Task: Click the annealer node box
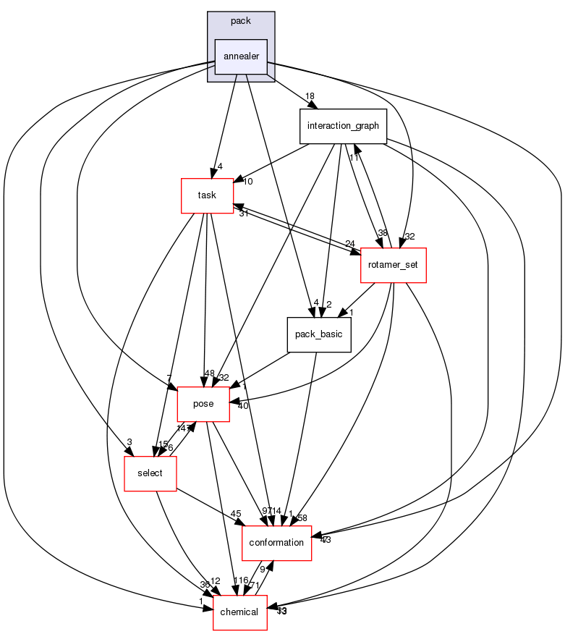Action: point(241,56)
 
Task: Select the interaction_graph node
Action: point(343,126)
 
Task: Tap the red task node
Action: point(207,195)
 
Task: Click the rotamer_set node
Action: point(393,265)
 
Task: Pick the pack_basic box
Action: point(319,334)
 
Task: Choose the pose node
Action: point(203,404)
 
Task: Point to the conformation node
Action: point(276,543)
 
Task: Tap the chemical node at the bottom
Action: point(239,612)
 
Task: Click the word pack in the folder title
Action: point(241,21)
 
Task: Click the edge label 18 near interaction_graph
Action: point(310,96)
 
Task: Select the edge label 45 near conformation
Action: point(236,515)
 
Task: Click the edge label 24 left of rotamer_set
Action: point(350,243)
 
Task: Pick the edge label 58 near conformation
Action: point(302,518)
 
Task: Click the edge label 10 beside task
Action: point(247,182)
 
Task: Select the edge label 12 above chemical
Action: point(216,581)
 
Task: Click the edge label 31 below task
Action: point(244,213)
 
